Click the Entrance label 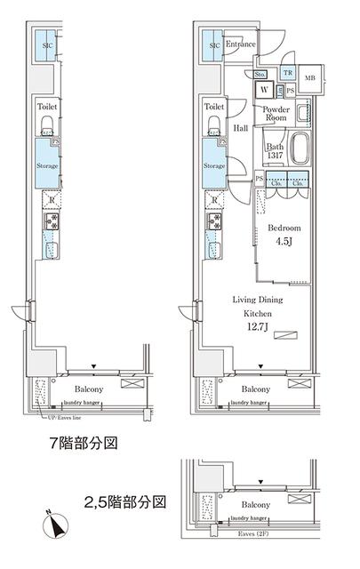(x=241, y=44)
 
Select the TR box (x=287, y=74)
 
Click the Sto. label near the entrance (x=263, y=74)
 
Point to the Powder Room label (x=276, y=113)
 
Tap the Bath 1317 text (x=276, y=153)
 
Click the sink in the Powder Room (x=303, y=113)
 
